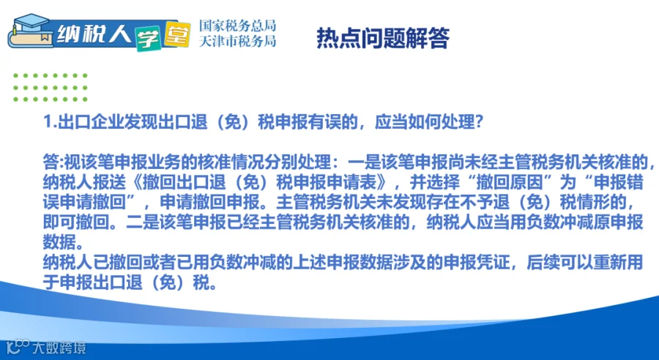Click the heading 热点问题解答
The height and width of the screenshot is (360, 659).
coord(383,38)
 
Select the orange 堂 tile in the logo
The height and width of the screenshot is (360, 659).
coord(177,34)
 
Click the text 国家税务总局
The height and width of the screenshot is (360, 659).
coord(237,26)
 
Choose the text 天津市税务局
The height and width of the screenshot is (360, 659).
coord(237,41)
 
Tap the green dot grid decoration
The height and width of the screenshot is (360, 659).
coord(50,88)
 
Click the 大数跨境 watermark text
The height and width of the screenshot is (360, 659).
coord(59,348)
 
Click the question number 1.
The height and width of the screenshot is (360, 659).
coord(48,122)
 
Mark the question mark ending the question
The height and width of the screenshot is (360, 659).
coord(479,122)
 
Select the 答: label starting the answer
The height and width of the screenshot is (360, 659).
coord(53,161)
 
